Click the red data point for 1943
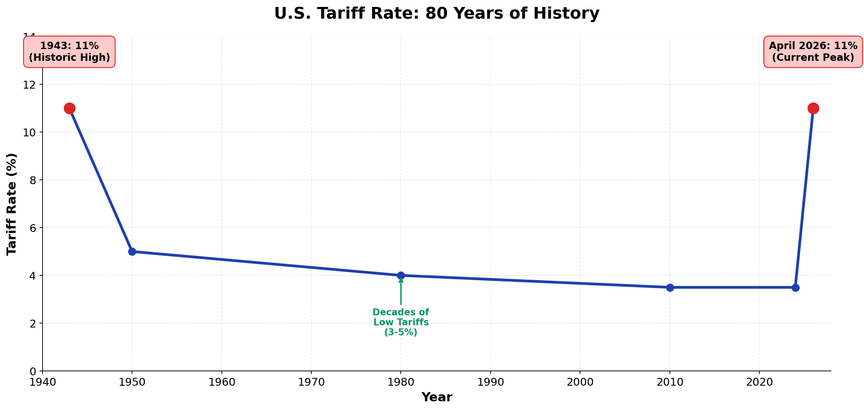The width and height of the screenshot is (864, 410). tap(69, 108)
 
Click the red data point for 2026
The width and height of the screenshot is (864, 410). tap(813, 108)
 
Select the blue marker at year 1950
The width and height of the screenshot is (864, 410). tap(132, 251)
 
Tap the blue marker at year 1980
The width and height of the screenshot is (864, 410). tap(401, 275)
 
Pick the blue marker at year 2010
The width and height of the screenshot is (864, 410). tap(670, 288)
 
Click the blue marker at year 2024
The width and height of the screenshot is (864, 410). tap(795, 288)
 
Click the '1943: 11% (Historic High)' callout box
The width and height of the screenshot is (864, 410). tap(69, 52)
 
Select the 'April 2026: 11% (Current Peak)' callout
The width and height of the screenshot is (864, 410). tap(813, 52)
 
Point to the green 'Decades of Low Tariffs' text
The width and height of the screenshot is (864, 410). tap(401, 322)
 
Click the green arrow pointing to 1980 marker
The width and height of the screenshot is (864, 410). tap(401, 292)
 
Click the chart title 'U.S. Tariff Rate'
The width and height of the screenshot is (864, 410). tap(436, 13)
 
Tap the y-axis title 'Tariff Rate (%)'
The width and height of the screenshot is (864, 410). tap(12, 204)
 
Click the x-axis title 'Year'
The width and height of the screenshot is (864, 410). tap(436, 397)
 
